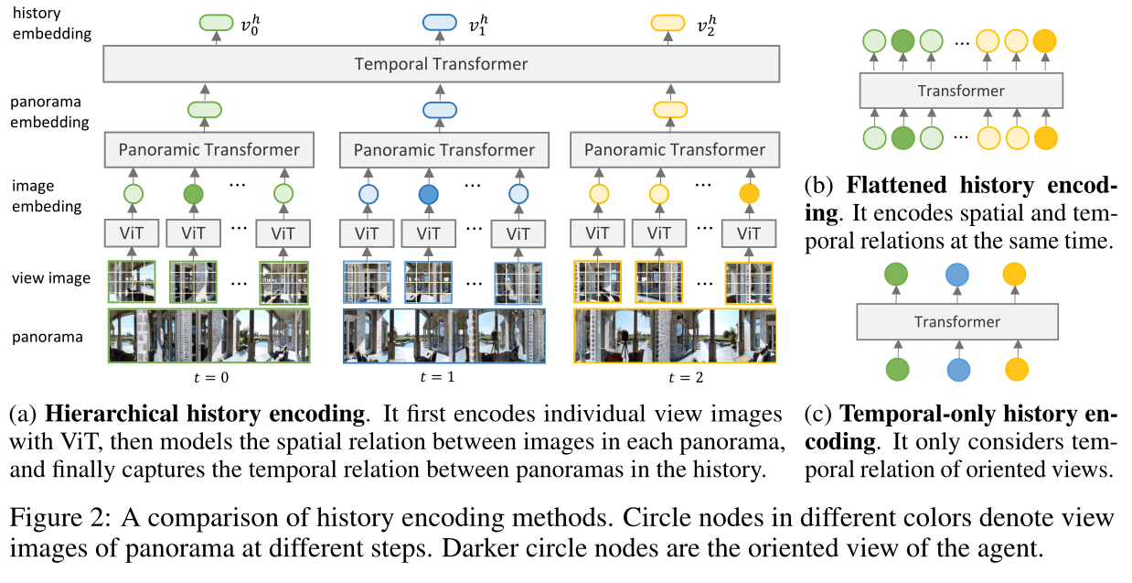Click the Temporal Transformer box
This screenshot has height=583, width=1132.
[x=441, y=64]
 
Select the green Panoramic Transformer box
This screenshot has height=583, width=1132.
[x=208, y=150]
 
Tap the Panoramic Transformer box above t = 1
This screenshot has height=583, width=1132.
[x=443, y=150]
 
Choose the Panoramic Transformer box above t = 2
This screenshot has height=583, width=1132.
[x=675, y=150]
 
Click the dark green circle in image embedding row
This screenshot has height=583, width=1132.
[x=194, y=194]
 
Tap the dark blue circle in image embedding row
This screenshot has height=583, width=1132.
[x=428, y=194]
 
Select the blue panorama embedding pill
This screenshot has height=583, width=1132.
[x=441, y=110]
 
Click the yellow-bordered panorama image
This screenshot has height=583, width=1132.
[x=675, y=336]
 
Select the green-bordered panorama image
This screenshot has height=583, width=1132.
[x=208, y=336]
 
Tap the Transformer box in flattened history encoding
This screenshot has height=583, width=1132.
[x=960, y=91]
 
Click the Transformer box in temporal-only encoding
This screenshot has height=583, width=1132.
[x=956, y=322]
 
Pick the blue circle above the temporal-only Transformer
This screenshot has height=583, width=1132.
[x=956, y=275]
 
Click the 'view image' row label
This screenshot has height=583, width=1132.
[x=51, y=277]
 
